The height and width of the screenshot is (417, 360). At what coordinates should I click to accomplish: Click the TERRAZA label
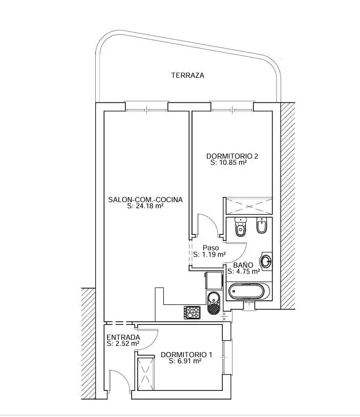click(x=188, y=76)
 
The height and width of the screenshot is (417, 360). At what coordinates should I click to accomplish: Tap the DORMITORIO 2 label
click(x=232, y=156)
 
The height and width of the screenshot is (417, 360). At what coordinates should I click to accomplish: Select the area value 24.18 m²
click(x=149, y=206)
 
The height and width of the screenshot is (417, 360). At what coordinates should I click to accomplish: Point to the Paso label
click(x=211, y=248)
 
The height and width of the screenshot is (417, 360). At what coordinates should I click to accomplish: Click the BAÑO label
click(x=243, y=265)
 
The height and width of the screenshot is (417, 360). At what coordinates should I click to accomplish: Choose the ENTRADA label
click(x=123, y=338)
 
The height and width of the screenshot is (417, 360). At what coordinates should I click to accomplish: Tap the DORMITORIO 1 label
click(x=186, y=355)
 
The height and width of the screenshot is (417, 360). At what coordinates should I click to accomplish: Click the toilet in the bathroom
click(x=241, y=227)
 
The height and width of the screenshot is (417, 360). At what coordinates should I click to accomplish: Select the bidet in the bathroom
click(x=262, y=225)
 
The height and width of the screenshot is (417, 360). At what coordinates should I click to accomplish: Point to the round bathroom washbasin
click(x=266, y=261)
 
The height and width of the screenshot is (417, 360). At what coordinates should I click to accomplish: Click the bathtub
click(x=249, y=291)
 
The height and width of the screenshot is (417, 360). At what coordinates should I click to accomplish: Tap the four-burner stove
click(x=192, y=313)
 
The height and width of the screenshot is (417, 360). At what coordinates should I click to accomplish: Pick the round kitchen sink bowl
click(x=214, y=298)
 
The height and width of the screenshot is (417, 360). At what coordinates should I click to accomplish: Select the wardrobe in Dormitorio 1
click(x=145, y=374)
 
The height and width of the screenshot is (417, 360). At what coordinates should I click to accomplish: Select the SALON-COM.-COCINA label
click(x=145, y=200)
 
